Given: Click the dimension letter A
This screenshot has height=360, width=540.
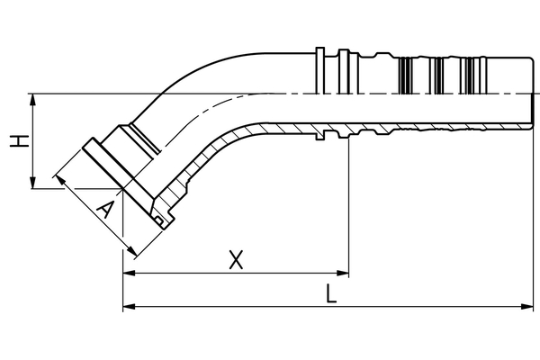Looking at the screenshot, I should pos(105,211).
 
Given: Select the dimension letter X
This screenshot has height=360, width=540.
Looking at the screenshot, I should pos(236,260).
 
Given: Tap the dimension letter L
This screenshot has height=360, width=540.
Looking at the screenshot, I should pos(331,294).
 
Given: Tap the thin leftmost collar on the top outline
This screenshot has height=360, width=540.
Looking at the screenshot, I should pos(320,60).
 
